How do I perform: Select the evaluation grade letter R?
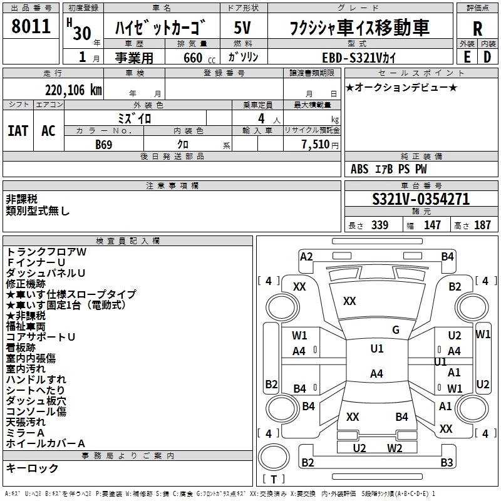pyautogui.click(x=477, y=29)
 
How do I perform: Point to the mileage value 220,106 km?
pyautogui.click(x=73, y=90)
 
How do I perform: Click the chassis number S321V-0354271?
pyautogui.click(x=420, y=199)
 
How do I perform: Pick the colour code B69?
pyautogui.click(x=104, y=144)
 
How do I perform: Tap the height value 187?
pyautogui.click(x=482, y=225)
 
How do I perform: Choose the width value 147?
pyautogui.click(x=432, y=225)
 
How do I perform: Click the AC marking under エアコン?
pyautogui.click(x=48, y=131)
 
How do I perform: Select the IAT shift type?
pyautogui.click(x=18, y=131)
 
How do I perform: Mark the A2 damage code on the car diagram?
pyautogui.click(x=306, y=256)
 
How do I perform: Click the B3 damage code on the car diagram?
pyautogui.click(x=447, y=463)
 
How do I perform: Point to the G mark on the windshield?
pyautogui.click(x=396, y=330)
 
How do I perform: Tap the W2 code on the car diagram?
pyautogui.click(x=395, y=448)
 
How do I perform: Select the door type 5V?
pyautogui.click(x=243, y=29)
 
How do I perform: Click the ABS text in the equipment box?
pyautogui.click(x=359, y=169)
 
